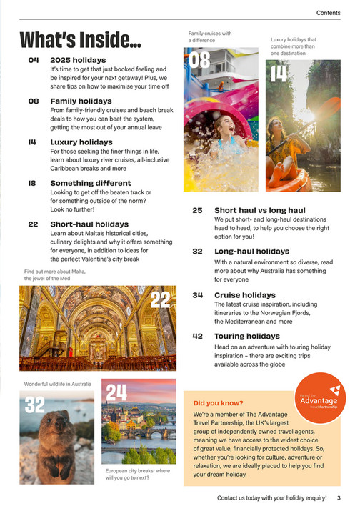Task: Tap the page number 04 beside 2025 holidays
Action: pos(34,60)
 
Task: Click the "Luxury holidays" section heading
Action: pos(83,142)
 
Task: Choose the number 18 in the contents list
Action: pos(33,183)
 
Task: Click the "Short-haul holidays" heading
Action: pos(89,224)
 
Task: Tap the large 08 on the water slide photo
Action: pos(198,59)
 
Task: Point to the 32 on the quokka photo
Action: pos(35,405)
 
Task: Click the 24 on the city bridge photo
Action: pos(116,392)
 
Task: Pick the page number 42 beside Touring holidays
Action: pos(198,335)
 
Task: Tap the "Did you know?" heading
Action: pos(218,402)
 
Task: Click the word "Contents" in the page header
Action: pos(328,14)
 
